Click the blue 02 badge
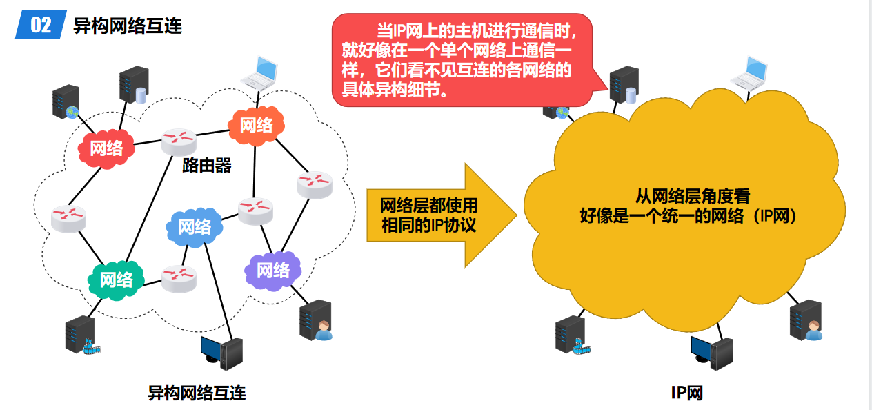(41, 26)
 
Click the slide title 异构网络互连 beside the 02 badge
(128, 26)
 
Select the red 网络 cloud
(106, 148)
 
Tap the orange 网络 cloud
(256, 125)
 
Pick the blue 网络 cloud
(195, 226)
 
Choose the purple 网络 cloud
(273, 269)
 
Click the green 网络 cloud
(116, 279)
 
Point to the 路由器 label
(206, 166)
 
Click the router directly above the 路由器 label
(179, 140)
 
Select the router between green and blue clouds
(179, 277)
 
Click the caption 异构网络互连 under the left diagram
(197, 393)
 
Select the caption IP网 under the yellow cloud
(687, 393)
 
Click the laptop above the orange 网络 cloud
(259, 72)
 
